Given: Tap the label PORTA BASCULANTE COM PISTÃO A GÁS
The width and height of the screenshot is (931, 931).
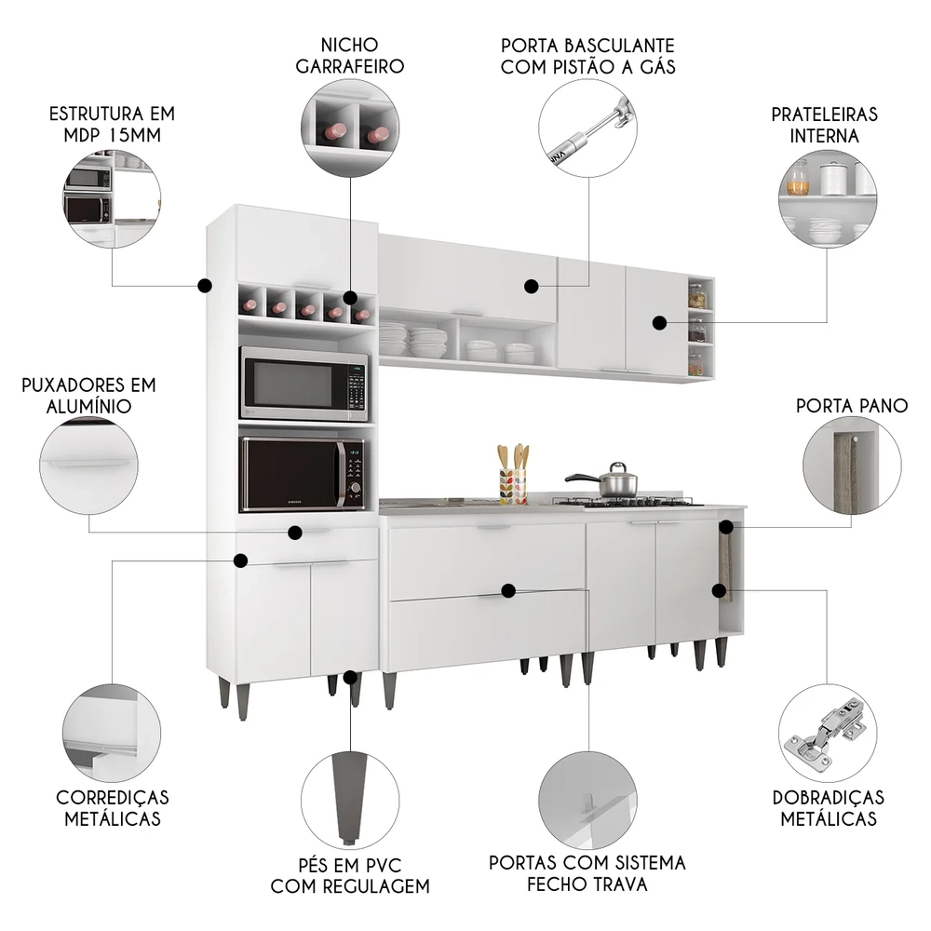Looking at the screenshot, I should coord(587,55).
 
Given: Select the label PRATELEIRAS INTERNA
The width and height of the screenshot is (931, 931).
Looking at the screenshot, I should coord(824,125).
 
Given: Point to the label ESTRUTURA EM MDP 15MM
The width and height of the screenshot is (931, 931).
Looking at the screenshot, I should coord(112,125).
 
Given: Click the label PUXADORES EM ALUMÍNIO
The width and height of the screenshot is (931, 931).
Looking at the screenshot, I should coord(89,396).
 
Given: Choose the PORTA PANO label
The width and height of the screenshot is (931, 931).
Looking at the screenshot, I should coord(852,406).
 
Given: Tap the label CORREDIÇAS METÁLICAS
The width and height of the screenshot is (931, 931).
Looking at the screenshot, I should coord(113,808).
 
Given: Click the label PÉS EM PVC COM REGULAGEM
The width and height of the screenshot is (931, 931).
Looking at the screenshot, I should coord(350,874).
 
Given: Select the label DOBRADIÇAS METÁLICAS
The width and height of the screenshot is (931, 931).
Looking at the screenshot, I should coord(828,808).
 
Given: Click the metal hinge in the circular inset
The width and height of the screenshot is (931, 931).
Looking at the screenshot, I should coord(825,731).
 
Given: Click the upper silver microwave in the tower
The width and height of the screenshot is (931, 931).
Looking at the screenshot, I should coord(304,384).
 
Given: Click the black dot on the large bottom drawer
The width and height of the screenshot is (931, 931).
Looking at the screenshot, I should coord(508,590).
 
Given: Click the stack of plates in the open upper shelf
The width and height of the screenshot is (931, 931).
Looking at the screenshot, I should coord(427,342).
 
